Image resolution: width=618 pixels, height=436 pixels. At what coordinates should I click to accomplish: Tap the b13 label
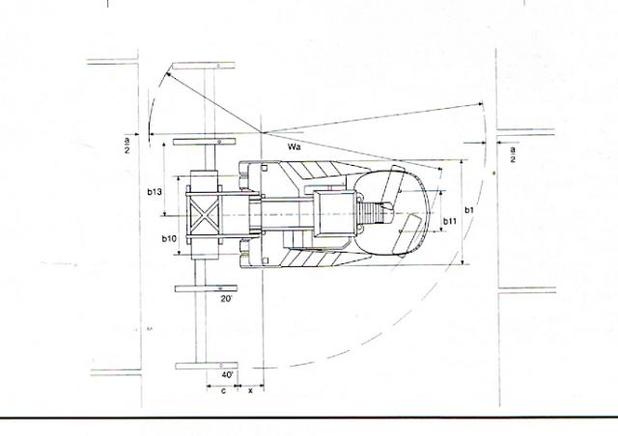coord(154,192)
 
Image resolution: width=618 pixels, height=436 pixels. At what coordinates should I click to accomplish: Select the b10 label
coord(168,238)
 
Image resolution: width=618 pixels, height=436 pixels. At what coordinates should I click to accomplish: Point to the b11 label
coord(449,222)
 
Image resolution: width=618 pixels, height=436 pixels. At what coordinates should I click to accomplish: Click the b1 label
coord(468,209)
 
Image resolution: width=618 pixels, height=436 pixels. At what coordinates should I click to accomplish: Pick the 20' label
coord(226,299)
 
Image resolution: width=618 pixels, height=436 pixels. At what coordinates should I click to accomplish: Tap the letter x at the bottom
coord(250,391)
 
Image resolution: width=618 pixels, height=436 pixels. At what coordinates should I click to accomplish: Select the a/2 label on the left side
coord(126,144)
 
